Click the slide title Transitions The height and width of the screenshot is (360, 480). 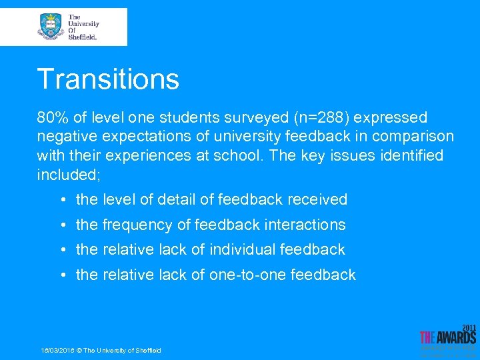(108, 79)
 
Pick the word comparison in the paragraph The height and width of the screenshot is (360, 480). (413, 137)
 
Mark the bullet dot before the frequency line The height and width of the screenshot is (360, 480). (62, 225)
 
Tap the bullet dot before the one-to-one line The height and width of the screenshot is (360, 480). (62, 275)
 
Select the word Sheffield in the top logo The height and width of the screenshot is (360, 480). (83, 37)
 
